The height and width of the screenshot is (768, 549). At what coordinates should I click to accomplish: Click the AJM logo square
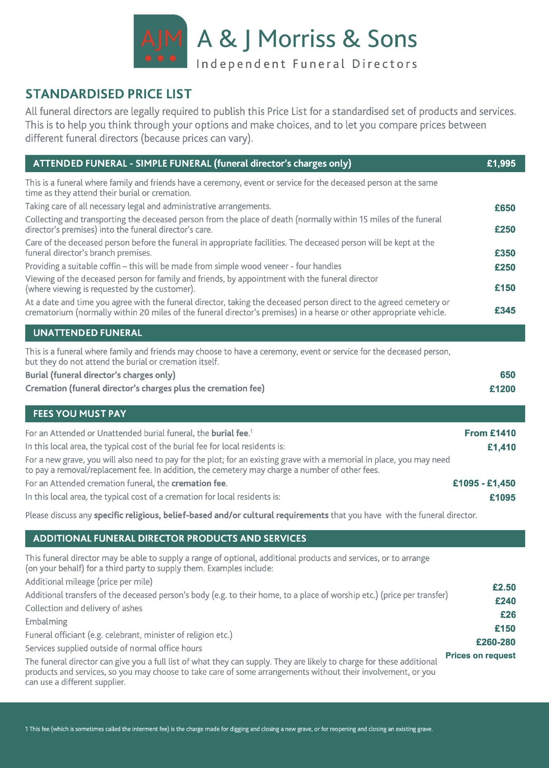click(x=160, y=41)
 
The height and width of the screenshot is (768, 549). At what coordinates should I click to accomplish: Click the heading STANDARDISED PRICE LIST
click(x=108, y=94)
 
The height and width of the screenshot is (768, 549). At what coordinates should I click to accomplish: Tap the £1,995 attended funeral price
click(x=501, y=163)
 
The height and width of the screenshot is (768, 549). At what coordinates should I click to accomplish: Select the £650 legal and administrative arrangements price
click(x=505, y=208)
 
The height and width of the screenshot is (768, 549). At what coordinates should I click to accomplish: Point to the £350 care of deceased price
click(x=505, y=253)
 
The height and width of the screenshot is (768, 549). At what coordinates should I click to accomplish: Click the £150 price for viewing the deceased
click(x=505, y=288)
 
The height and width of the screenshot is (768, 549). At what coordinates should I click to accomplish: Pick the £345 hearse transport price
click(x=505, y=310)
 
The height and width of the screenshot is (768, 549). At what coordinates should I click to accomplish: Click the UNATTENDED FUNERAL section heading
click(x=88, y=333)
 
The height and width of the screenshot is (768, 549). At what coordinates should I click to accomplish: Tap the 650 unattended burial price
click(x=507, y=375)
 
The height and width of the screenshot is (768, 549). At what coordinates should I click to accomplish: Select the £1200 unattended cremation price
click(x=502, y=389)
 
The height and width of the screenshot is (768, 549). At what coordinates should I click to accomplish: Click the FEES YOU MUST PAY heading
click(x=80, y=414)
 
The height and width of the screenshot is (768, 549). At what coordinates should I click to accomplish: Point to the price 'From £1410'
click(x=490, y=433)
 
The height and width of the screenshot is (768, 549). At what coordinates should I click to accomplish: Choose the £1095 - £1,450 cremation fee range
click(x=484, y=483)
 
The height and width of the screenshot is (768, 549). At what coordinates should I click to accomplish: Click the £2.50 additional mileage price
click(x=504, y=587)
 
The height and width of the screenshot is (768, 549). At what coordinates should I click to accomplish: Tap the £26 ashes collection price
click(x=508, y=615)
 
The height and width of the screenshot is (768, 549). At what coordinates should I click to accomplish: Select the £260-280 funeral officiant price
click(x=495, y=642)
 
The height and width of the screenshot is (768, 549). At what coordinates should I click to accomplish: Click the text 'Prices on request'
click(x=480, y=656)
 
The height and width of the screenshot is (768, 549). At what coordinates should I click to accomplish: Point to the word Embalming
click(x=46, y=622)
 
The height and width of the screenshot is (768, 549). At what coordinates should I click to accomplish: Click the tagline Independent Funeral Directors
click(x=307, y=64)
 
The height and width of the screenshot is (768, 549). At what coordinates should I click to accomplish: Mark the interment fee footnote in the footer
click(x=229, y=729)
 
